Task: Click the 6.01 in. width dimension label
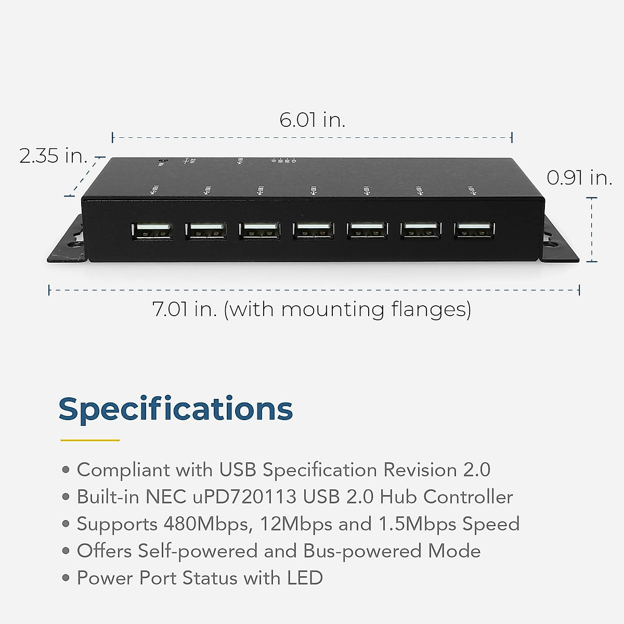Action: [312, 120]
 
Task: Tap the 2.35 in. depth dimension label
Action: [53, 155]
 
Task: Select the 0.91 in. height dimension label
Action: [579, 178]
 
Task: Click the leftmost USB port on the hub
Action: [152, 230]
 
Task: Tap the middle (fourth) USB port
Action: [313, 230]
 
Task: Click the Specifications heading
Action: [176, 409]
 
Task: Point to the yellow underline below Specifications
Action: [90, 440]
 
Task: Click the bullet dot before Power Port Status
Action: [66, 578]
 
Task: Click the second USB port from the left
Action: [205, 230]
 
